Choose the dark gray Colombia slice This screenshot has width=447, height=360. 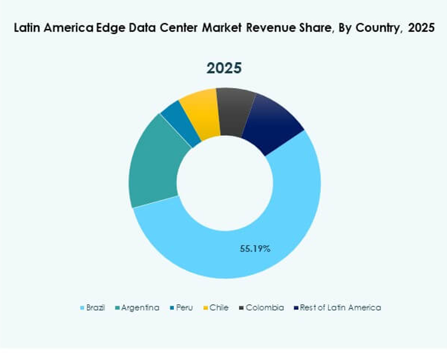[x=235, y=110]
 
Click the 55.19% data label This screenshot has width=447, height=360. [x=255, y=249]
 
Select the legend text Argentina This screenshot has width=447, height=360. [x=140, y=308]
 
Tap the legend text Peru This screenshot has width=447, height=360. [x=184, y=308]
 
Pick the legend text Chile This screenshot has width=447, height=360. [x=219, y=308]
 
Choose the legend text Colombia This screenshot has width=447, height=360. [x=265, y=308]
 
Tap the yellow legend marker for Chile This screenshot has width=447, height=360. [x=206, y=308]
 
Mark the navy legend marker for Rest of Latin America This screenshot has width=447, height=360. [x=297, y=308]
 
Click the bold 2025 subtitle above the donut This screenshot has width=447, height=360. [x=224, y=68]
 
